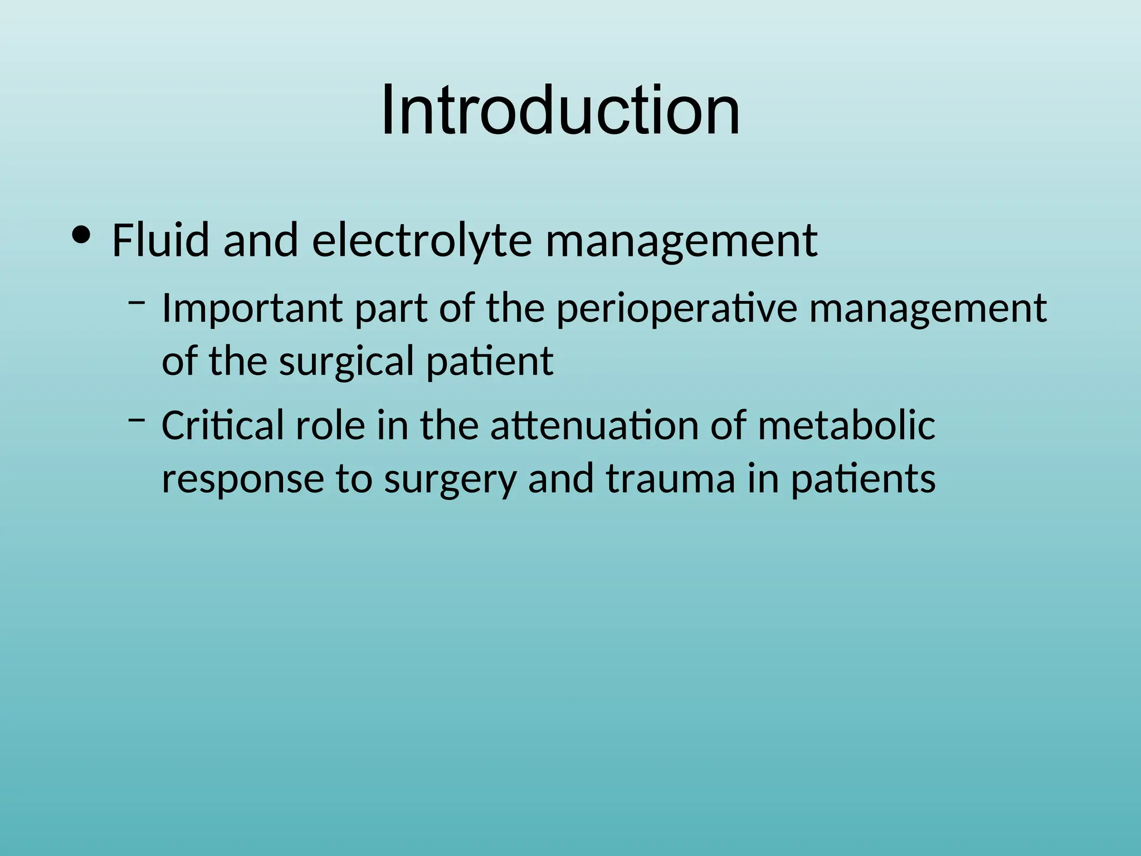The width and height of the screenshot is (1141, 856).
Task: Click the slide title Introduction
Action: coord(560,110)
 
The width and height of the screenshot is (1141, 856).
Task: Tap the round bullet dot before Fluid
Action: coord(81,236)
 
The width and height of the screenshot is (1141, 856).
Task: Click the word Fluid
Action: coord(160,240)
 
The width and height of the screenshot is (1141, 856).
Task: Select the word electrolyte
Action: coord(422,241)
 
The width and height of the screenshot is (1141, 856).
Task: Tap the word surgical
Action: coord(346,362)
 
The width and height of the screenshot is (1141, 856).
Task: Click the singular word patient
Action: coord(490,362)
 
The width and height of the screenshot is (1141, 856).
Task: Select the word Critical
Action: coord(222,425)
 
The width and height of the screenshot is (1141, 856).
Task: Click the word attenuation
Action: coord(594,425)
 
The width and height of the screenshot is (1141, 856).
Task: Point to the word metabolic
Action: coord(846,425)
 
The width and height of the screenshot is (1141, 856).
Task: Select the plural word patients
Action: coord(863,479)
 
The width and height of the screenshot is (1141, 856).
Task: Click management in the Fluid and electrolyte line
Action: coord(681,241)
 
